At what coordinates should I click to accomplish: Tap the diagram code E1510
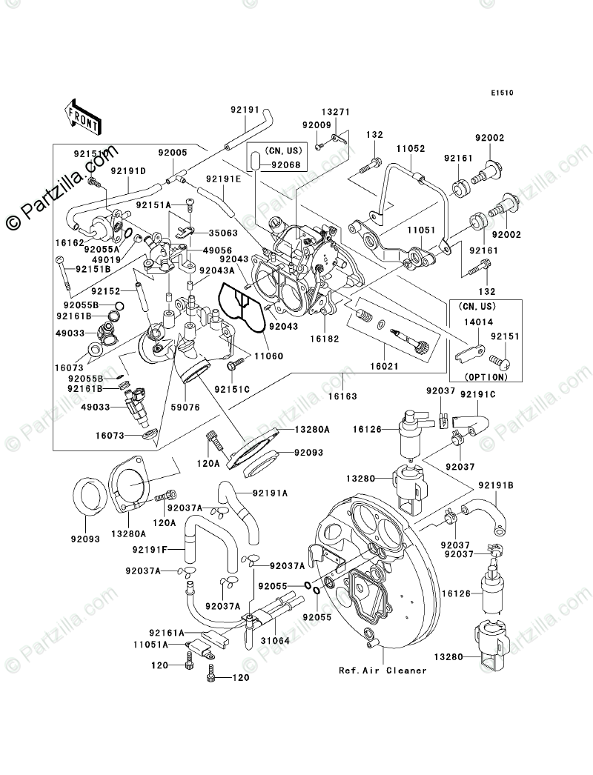coord(503,94)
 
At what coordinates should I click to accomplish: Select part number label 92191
coord(245,110)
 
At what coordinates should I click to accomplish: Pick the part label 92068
coord(285,165)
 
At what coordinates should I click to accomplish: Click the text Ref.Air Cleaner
coord(383,671)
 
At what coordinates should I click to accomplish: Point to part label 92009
coord(317,126)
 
